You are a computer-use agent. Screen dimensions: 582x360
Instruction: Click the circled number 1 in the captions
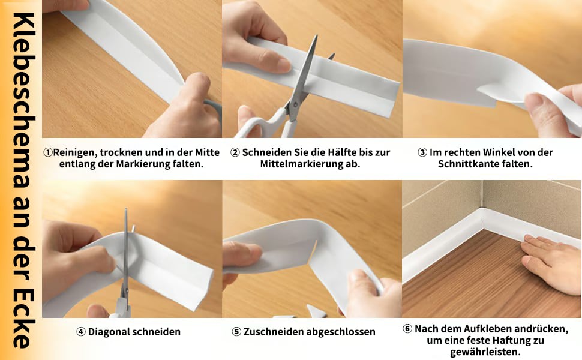tap(48, 152)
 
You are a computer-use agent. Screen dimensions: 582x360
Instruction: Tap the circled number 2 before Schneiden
tap(235, 152)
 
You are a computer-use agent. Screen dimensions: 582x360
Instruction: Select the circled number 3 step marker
tap(422, 152)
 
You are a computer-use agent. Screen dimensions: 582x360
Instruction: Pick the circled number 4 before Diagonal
tap(81, 332)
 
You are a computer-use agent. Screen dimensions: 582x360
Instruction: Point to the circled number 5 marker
tap(236, 332)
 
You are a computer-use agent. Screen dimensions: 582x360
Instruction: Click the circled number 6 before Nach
tap(407, 329)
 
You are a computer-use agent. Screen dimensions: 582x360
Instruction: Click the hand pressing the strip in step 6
tap(551, 263)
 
